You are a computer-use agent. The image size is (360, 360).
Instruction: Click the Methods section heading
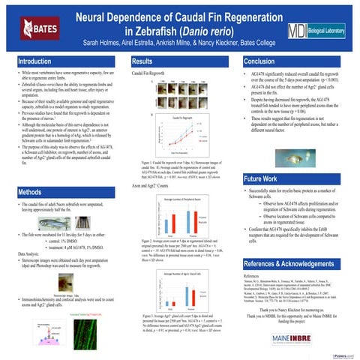34,192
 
